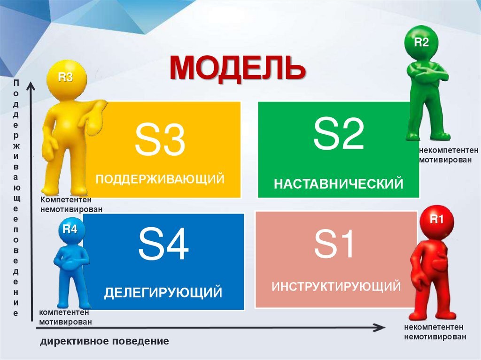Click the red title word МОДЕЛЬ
click(238, 69)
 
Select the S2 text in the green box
click(339, 135)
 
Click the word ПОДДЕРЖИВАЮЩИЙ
click(160, 179)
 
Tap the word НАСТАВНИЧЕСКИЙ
click(339, 183)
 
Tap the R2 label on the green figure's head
click(421, 43)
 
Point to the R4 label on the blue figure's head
click(70, 230)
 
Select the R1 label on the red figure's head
click(437, 219)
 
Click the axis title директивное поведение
click(104, 341)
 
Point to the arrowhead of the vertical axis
click(31, 86)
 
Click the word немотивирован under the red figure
click(435, 337)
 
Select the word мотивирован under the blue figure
click(65, 322)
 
